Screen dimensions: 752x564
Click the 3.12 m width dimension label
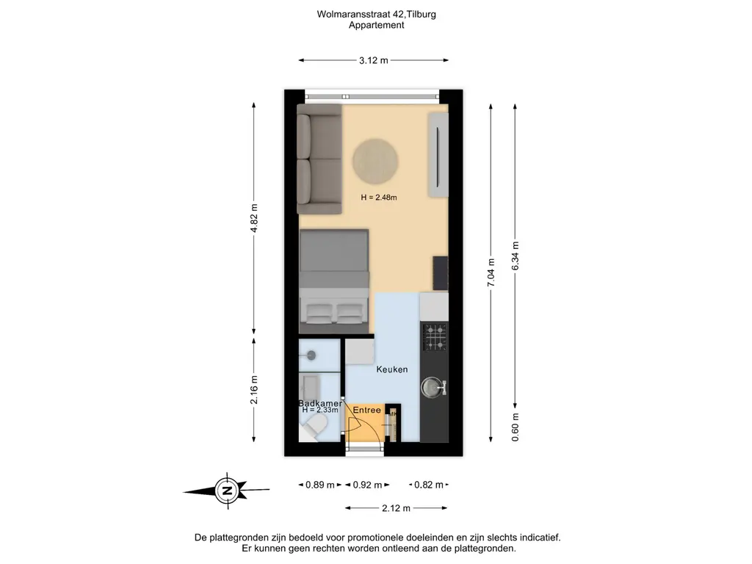[374, 60]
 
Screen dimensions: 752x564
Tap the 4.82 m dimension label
[254, 218]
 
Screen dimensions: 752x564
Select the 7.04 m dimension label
[491, 273]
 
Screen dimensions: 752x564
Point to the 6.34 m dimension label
[515, 256]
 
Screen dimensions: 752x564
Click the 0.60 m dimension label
[515, 427]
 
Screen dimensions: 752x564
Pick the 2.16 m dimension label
[254, 390]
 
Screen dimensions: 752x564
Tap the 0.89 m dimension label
[320, 485]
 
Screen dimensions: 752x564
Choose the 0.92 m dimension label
[367, 485]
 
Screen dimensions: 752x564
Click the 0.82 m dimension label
[429, 485]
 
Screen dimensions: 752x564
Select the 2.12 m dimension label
[396, 508]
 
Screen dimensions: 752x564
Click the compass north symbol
[227, 491]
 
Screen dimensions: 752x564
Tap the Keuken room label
[392, 369]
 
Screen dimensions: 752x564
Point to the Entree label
[367, 410]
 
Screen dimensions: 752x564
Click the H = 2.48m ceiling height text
[379, 197]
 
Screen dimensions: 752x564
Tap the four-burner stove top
[435, 337]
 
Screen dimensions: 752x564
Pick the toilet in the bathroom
[313, 427]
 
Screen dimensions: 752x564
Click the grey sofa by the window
[319, 159]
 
